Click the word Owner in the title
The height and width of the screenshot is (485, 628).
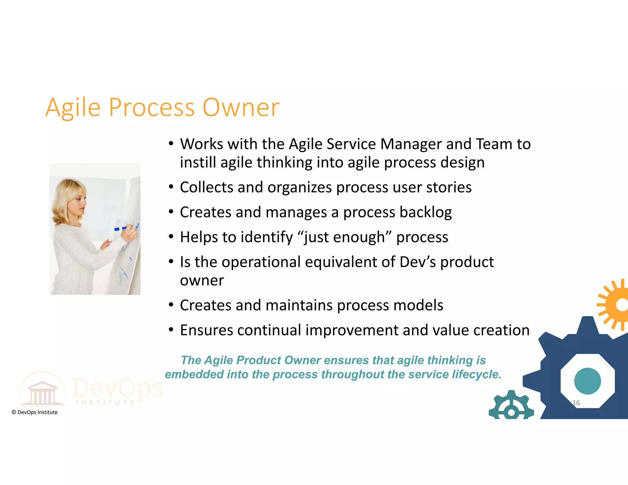coord(241,108)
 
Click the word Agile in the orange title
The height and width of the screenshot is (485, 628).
coord(73,108)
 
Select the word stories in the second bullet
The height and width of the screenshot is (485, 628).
coord(449,187)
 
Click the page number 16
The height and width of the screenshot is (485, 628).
coord(576,403)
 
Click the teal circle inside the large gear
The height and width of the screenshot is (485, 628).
coord(587,381)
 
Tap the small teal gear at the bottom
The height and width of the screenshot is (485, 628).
coord(511,406)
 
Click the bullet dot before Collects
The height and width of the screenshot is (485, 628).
coord(171,187)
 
